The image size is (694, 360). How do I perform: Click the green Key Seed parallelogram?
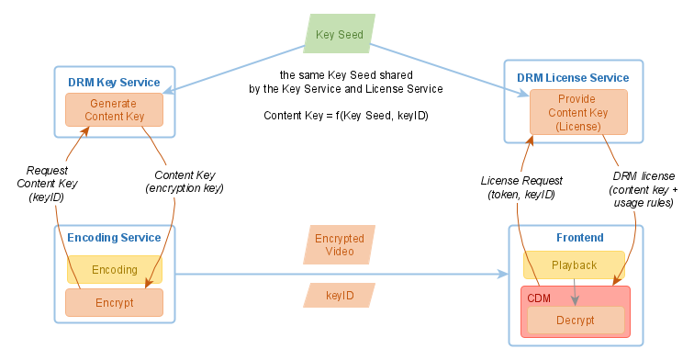(x=340, y=35)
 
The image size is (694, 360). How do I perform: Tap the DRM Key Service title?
(x=114, y=83)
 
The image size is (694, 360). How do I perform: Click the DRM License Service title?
(x=574, y=78)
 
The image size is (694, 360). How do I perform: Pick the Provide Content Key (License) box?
(x=578, y=113)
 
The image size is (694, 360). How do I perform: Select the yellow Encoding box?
(x=115, y=270)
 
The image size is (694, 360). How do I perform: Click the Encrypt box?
(x=115, y=302)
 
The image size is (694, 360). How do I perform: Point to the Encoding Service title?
(x=114, y=238)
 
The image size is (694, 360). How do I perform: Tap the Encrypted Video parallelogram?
(x=340, y=245)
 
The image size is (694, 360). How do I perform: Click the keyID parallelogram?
(x=340, y=296)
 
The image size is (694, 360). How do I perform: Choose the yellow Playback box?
(x=574, y=265)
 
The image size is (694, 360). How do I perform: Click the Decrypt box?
(x=575, y=321)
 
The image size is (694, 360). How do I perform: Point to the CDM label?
(x=538, y=298)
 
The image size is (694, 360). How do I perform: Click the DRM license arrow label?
(x=644, y=188)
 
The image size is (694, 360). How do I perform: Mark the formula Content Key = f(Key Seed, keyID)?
(x=346, y=116)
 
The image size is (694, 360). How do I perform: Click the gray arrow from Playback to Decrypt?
(x=575, y=292)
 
